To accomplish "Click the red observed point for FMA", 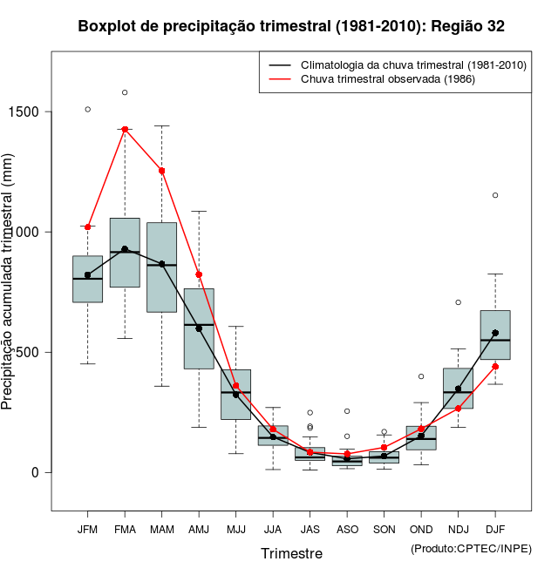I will pyautogui.click(x=125, y=129).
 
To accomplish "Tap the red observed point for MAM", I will pyautogui.click(x=162, y=171).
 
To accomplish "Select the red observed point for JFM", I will pyautogui.click(x=87, y=227).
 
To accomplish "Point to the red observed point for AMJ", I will pyautogui.click(x=199, y=274).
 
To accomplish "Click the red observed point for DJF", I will pyautogui.click(x=495, y=366).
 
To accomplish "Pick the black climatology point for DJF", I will pyautogui.click(x=495, y=333).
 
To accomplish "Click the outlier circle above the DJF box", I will pyautogui.click(x=495, y=195).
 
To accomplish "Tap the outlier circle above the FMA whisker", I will pyautogui.click(x=125, y=92).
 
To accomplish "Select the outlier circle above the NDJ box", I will pyautogui.click(x=458, y=302).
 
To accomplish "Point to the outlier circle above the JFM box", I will pyautogui.click(x=87, y=109).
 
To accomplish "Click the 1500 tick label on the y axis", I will pyautogui.click(x=24, y=112).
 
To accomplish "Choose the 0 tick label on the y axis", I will pyautogui.click(x=36, y=472).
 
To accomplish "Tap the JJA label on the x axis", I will pyautogui.click(x=273, y=529).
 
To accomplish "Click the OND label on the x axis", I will pyautogui.click(x=421, y=529).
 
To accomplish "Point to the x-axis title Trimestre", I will pyautogui.click(x=291, y=553).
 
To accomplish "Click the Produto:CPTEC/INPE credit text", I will pyautogui.click(x=471, y=548).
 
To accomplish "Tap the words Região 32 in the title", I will pyautogui.click(x=467, y=27).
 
